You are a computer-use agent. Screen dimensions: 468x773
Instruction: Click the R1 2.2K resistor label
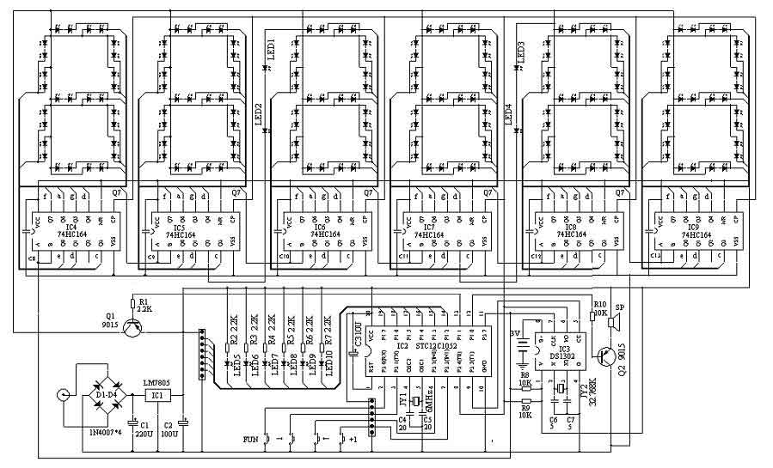pyautogui.click(x=143, y=307)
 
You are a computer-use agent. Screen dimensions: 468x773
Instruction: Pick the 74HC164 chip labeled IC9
pyautogui.click(x=695, y=231)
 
